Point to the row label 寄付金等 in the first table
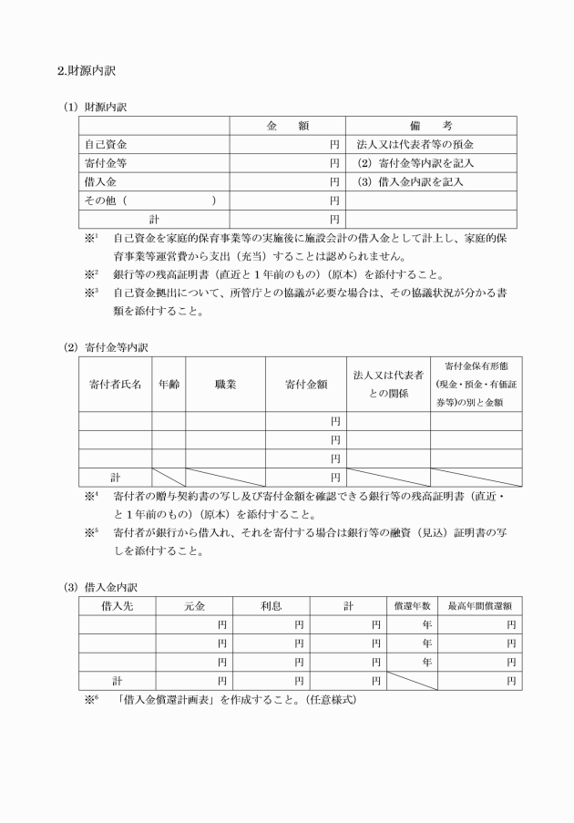[x=105, y=163]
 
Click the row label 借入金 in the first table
[x=99, y=181]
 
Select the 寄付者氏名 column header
[x=115, y=385]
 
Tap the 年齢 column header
[x=169, y=385]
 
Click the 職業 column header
[x=225, y=385]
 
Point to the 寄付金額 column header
[x=306, y=385]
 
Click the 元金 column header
[x=194, y=606]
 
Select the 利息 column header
[x=271, y=606]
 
